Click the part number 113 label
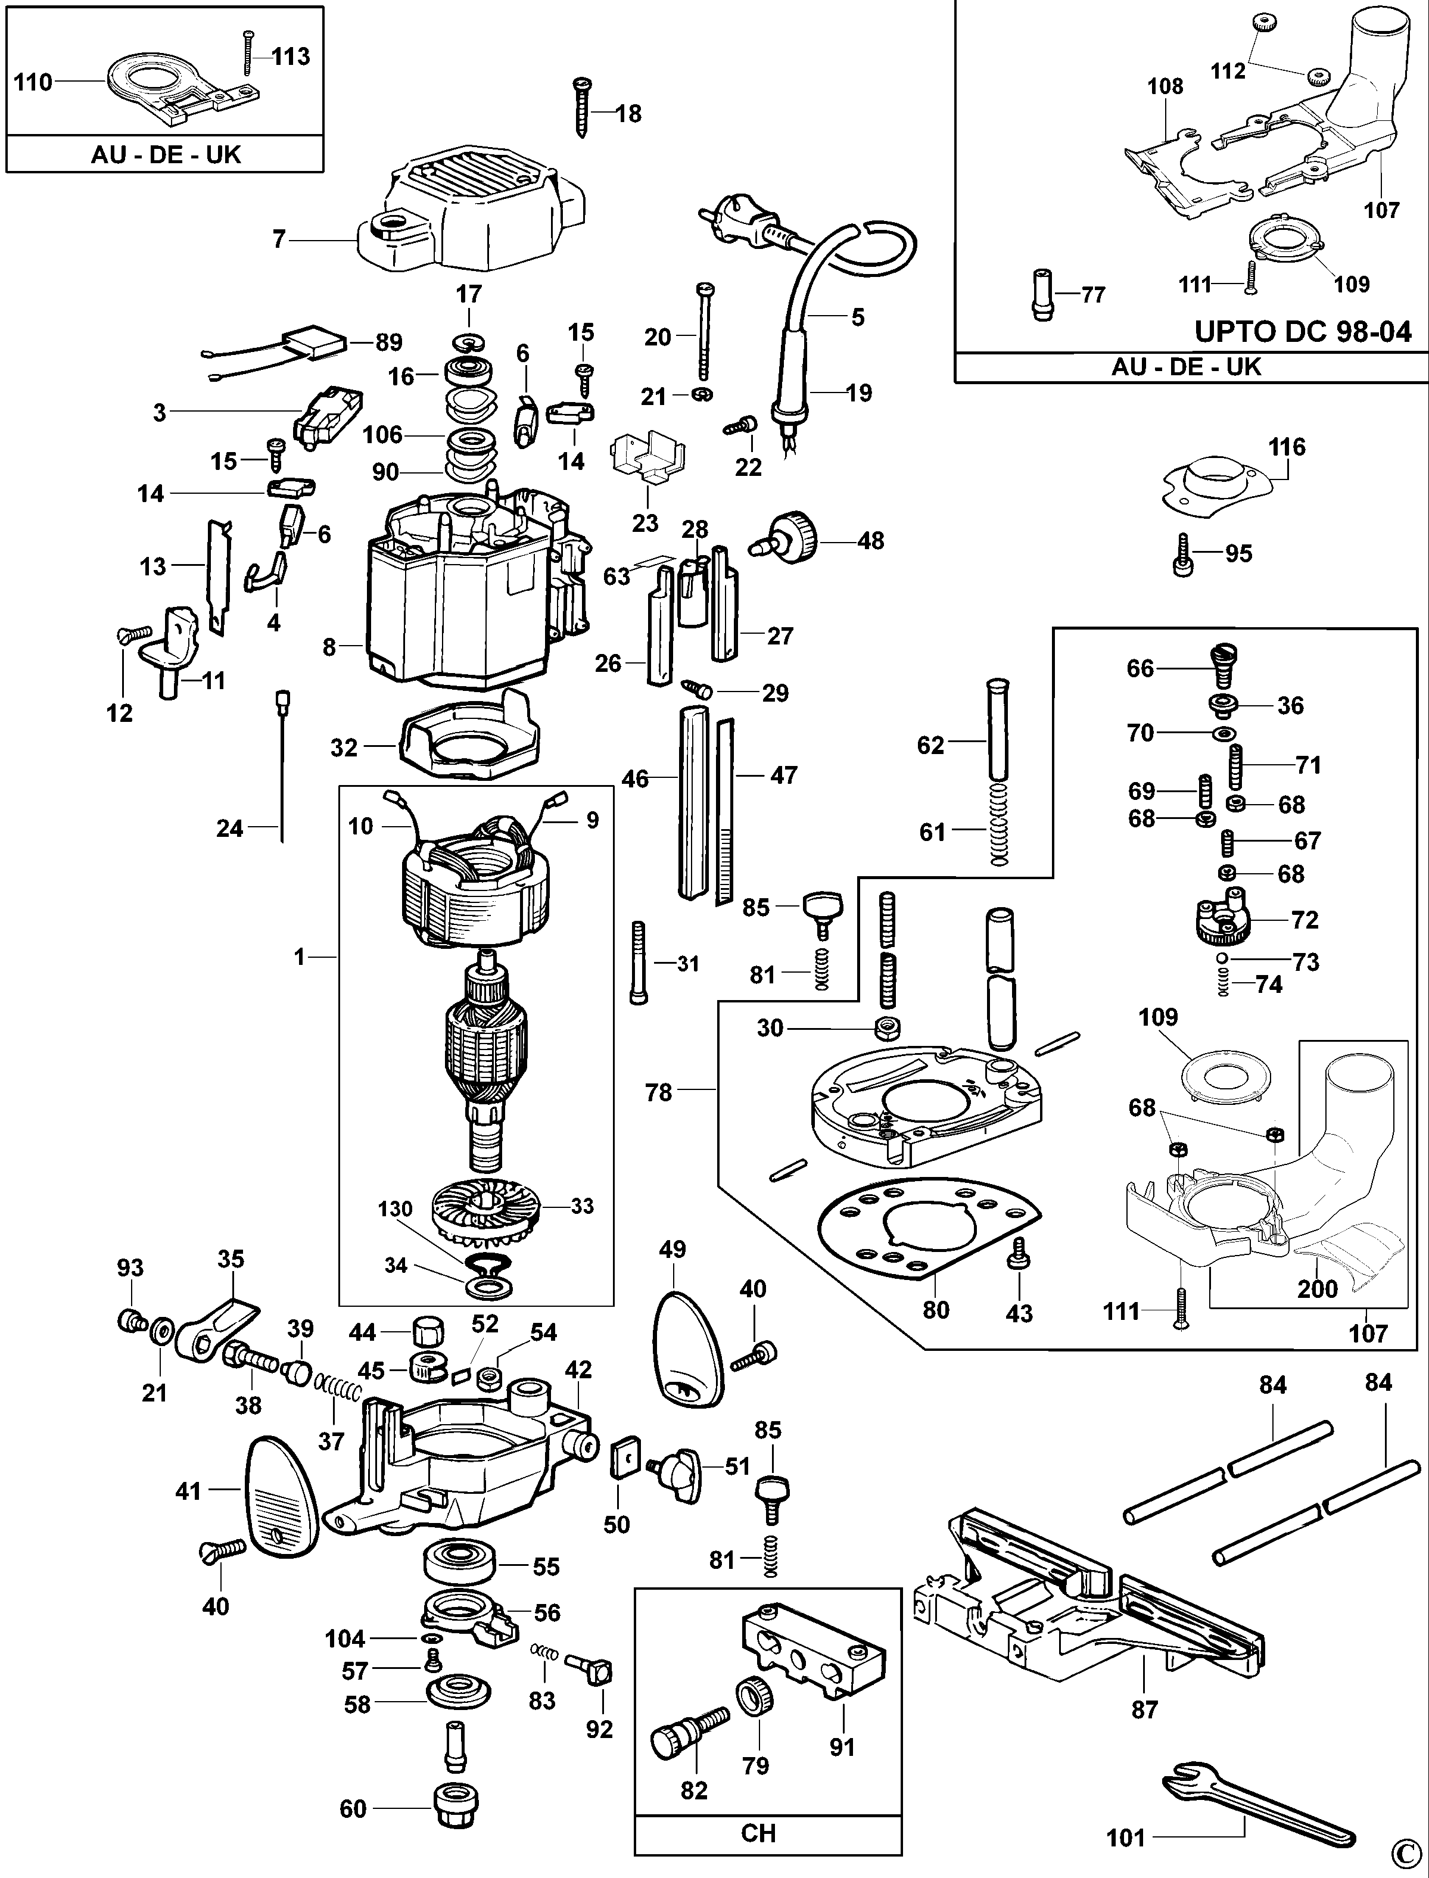pyautogui.click(x=290, y=57)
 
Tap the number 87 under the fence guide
pyautogui.click(x=1144, y=1709)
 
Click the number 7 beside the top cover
pyautogui.click(x=279, y=240)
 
